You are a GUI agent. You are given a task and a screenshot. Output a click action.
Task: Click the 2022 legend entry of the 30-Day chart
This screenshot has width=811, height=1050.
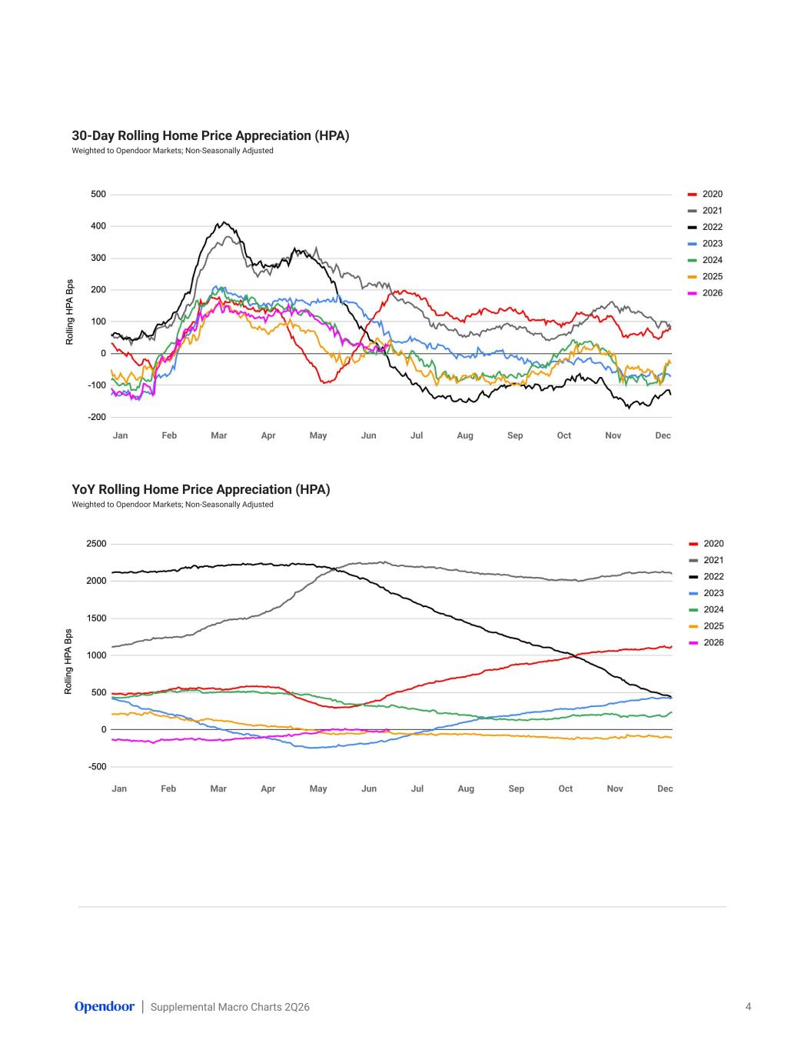coord(705,227)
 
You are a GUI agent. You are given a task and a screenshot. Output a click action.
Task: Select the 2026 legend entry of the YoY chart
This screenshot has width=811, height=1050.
coord(706,642)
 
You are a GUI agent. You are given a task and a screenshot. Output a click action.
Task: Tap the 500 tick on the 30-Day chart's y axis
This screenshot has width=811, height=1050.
coord(98,195)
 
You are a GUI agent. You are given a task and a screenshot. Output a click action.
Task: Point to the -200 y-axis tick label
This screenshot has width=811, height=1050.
coord(97,417)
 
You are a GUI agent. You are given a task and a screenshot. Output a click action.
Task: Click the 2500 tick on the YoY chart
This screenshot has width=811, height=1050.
coord(96,544)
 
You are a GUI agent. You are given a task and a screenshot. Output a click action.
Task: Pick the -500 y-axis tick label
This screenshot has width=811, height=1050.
coord(96,766)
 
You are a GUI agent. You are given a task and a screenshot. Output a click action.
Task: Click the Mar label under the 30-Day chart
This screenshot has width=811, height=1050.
coord(218,435)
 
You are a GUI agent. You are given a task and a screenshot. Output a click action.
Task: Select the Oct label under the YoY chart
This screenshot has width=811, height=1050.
coord(565,788)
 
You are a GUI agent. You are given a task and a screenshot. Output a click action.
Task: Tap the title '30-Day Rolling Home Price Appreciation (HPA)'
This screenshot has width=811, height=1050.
coord(211,136)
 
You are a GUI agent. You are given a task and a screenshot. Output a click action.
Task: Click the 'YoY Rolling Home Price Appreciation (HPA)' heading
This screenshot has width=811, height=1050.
coord(201,489)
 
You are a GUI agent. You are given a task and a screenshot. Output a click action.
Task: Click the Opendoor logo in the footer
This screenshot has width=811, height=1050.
coord(105,1006)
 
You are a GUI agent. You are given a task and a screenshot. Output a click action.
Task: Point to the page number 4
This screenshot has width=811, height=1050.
coord(748,1006)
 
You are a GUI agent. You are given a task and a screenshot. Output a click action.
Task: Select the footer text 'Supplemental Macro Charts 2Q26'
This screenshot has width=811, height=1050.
coord(230,1007)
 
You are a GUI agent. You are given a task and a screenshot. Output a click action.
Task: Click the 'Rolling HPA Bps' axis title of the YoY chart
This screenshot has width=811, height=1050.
coord(68,662)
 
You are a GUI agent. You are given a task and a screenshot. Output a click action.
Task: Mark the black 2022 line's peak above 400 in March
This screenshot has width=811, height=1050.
coord(223,222)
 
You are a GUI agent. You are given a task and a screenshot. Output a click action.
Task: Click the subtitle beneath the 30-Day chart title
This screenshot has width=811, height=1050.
coord(172,151)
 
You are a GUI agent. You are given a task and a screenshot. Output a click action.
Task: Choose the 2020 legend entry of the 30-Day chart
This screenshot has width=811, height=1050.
coord(705,195)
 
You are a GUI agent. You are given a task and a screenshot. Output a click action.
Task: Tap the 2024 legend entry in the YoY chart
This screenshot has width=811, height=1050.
coord(706,610)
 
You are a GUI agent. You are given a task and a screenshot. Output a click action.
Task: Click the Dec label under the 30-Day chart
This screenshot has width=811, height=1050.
coord(663,435)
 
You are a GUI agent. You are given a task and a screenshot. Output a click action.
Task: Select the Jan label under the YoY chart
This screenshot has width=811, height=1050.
coord(119,788)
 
